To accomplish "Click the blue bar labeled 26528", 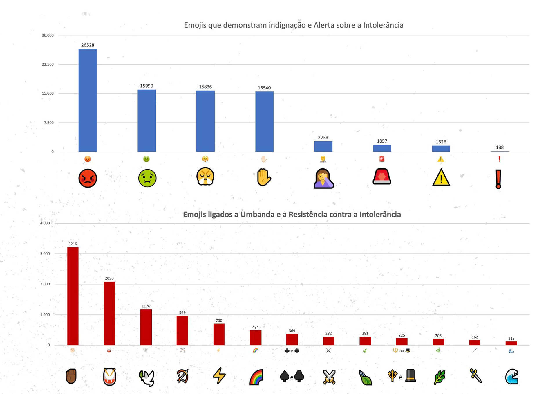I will (x=88, y=100).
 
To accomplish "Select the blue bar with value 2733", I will (x=323, y=146).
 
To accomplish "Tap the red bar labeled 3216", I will (x=73, y=296).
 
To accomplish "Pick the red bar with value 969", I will (x=182, y=330).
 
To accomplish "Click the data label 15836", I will (x=205, y=87).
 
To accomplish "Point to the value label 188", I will (x=500, y=147).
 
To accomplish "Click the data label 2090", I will (x=109, y=278).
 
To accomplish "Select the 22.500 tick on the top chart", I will (x=48, y=64).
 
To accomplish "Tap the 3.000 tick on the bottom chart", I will (x=45, y=254).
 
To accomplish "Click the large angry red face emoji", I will (x=88, y=178).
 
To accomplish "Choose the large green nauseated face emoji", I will (x=147, y=178).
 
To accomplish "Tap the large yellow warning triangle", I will (x=441, y=177).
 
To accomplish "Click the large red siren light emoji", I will (x=382, y=177).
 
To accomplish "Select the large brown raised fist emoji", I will (x=71, y=376).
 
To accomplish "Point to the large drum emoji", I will (x=109, y=377).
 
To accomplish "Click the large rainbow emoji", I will (x=256, y=377).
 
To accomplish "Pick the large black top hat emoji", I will (x=410, y=376).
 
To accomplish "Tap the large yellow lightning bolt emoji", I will (x=219, y=376).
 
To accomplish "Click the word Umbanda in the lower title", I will (x=257, y=215).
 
